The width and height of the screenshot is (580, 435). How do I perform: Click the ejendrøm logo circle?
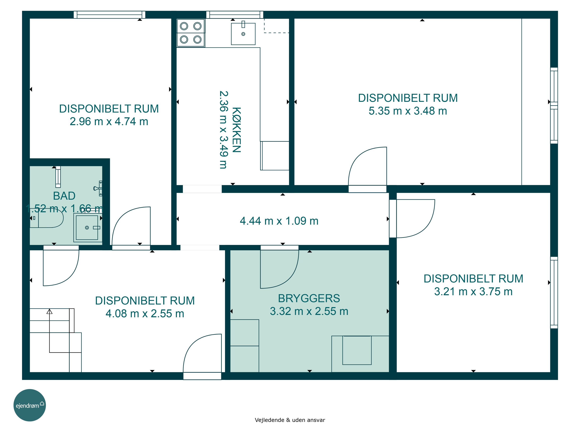(30, 405)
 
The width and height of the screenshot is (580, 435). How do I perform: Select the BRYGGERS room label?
(309, 298)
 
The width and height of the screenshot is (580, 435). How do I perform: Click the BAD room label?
(64, 196)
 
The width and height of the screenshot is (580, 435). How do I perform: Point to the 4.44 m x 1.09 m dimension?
(279, 221)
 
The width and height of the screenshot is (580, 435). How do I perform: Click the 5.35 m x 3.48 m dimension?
(408, 111)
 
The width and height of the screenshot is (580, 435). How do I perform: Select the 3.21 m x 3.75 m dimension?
(473, 292)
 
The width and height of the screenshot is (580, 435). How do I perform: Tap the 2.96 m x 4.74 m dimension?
(109, 122)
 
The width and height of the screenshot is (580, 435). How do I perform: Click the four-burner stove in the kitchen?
(191, 33)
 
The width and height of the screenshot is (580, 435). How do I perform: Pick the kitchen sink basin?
(243, 34)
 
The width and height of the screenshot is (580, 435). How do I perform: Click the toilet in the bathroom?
(47, 218)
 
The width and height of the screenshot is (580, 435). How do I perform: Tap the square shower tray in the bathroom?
(88, 228)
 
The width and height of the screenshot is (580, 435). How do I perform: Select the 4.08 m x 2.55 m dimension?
(145, 314)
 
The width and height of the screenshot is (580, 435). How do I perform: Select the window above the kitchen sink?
(235, 15)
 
